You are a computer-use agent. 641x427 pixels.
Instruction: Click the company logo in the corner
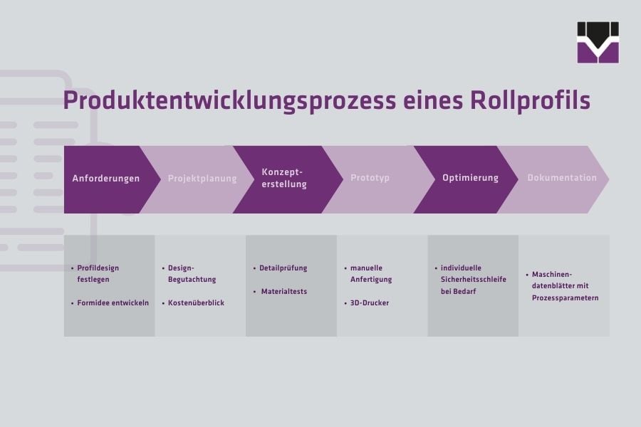[x=598, y=43]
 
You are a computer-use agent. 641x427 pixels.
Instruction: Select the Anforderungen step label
[x=106, y=179]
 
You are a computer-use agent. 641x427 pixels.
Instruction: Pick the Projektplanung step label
[x=202, y=179]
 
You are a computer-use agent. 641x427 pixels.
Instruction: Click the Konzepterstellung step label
[x=284, y=178]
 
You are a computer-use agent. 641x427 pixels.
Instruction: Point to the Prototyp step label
[x=370, y=178]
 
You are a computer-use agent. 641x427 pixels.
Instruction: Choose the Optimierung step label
[x=470, y=178]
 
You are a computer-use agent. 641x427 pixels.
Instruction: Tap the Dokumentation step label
[x=562, y=178]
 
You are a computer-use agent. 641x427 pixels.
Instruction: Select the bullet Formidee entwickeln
[x=113, y=302]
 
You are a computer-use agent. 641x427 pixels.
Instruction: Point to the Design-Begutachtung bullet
[x=192, y=274]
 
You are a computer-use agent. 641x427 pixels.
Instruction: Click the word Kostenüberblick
[x=196, y=302]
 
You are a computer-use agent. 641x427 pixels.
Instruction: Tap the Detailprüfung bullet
[x=283, y=268]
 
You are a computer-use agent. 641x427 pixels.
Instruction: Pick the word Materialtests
[x=284, y=292]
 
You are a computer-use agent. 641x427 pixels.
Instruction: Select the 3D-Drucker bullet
[x=369, y=302]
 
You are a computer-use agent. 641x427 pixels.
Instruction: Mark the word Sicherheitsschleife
[x=474, y=280]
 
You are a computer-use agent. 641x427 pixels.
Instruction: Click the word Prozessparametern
[x=565, y=297]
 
